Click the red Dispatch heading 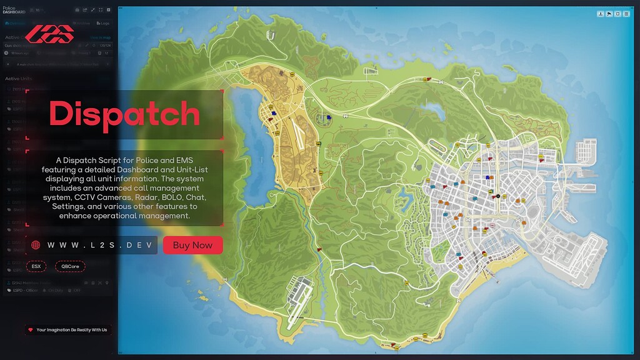point(124,114)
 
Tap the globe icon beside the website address point(35,246)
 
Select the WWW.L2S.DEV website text point(99,246)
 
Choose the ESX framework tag point(36,266)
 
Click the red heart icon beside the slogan point(30,329)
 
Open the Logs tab point(103,23)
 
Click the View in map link point(100,37)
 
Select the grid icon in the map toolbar point(625,14)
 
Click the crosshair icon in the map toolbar point(617,14)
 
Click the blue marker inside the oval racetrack point(328,116)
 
